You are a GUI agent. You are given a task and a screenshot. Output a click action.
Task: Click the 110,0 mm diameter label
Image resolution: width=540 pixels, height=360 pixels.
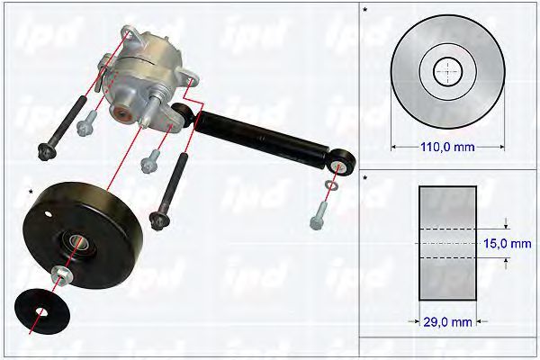[x=447, y=147]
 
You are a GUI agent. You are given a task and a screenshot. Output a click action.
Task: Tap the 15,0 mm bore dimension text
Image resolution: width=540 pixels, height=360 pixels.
[x=508, y=244]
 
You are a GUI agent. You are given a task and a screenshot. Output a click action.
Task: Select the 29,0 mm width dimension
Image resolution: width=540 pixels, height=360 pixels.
[x=447, y=322]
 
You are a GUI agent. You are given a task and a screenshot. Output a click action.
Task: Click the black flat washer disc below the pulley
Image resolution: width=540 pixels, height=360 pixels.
[x=42, y=311]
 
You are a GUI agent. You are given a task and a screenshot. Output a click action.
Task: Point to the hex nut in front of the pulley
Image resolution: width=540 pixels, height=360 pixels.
[x=61, y=274]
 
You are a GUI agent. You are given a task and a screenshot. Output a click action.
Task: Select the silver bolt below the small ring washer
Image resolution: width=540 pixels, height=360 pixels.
[x=319, y=215]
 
